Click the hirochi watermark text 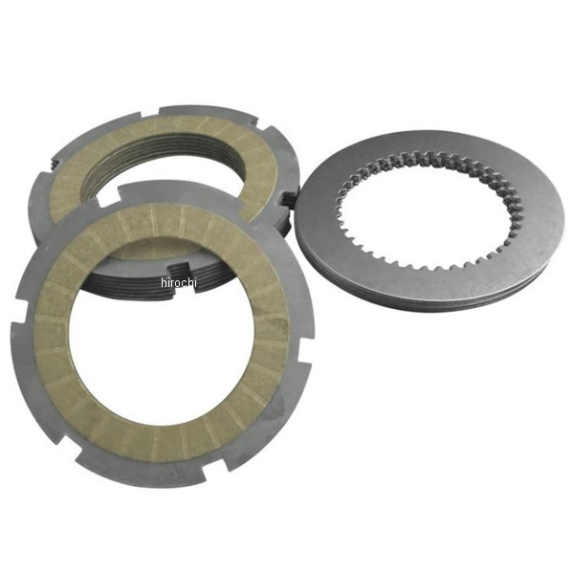tap(179, 282)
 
